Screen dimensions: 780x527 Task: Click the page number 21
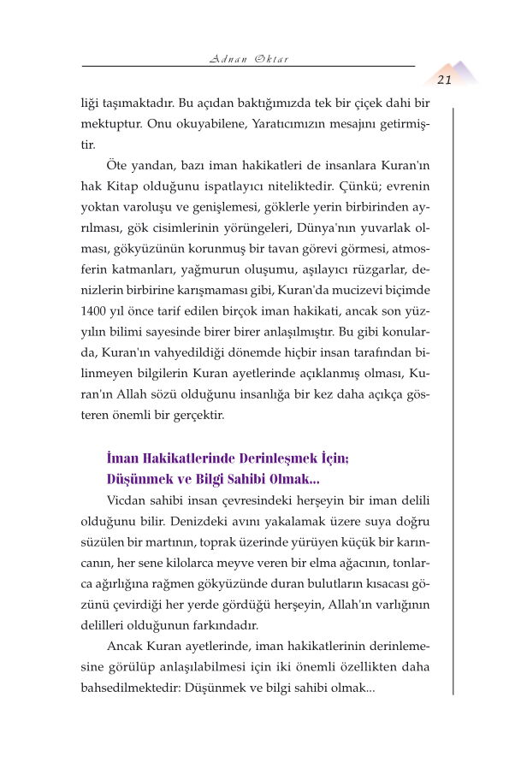pyautogui.click(x=444, y=80)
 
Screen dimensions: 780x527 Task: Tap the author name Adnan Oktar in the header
pyautogui.click(x=248, y=59)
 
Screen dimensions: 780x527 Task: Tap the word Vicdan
pyautogui.click(x=127, y=500)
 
